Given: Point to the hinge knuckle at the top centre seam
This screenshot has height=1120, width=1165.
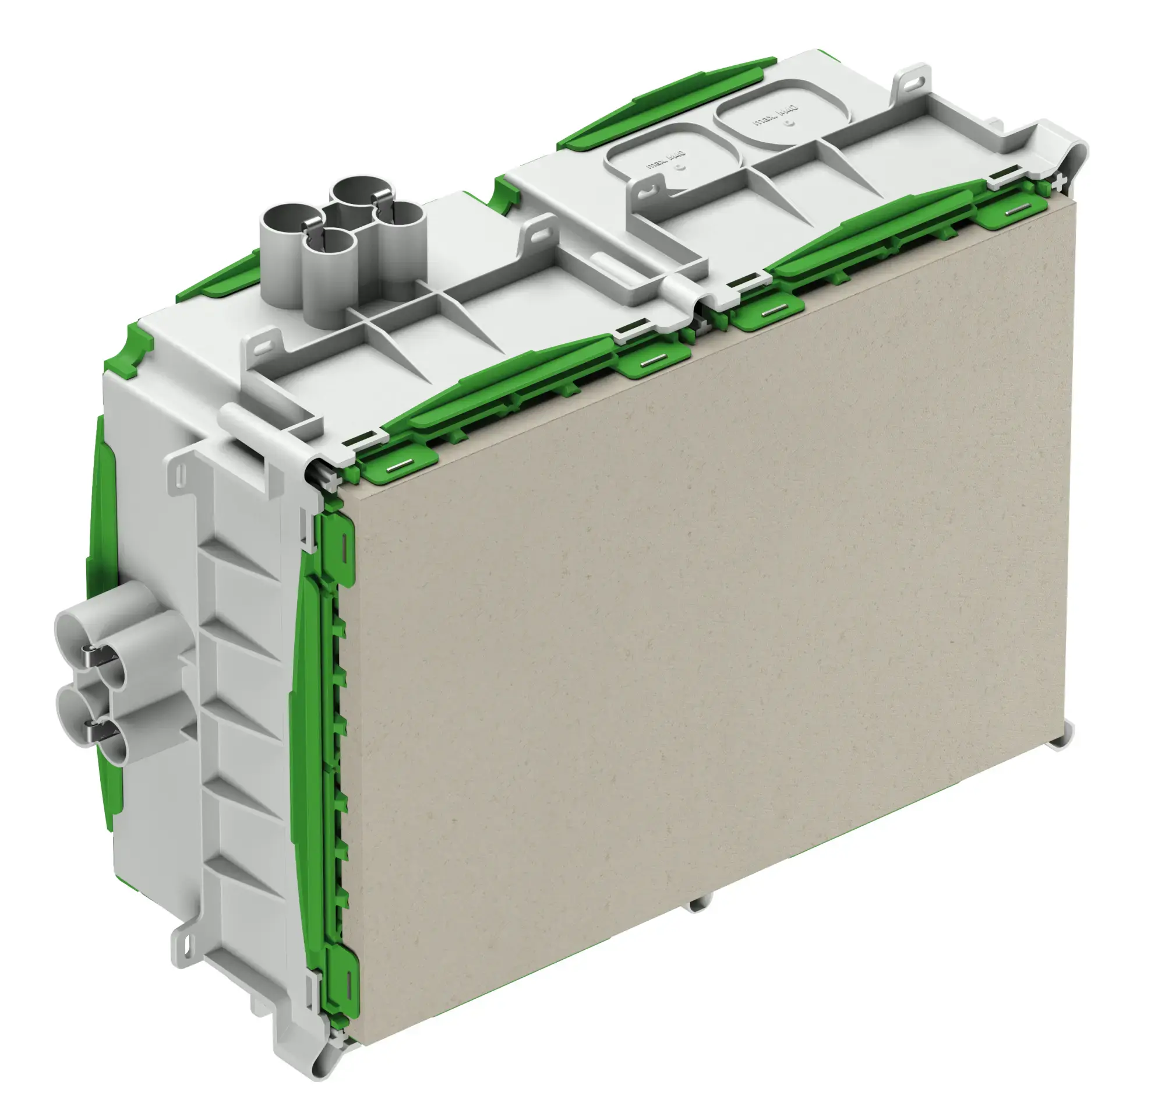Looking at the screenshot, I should tap(683, 288).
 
